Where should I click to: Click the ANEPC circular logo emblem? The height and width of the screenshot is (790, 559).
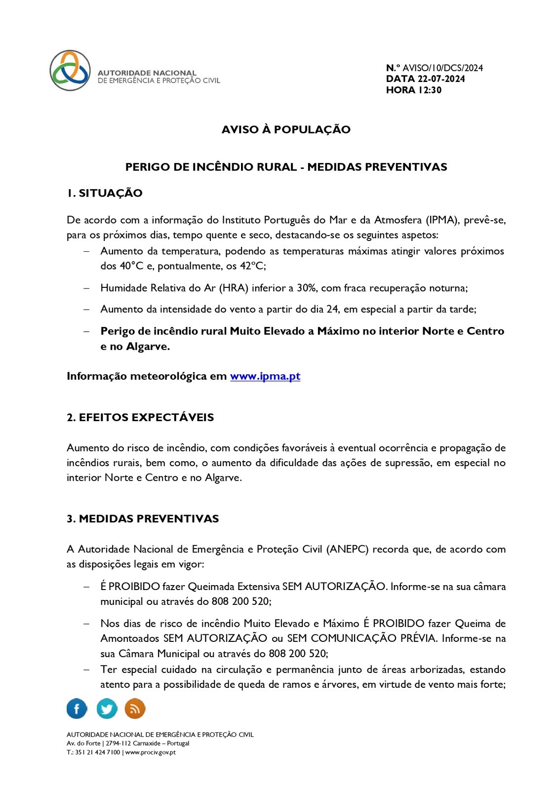tap(70, 71)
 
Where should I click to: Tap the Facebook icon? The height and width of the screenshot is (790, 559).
tap(77, 709)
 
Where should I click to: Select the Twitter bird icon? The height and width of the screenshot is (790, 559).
tap(107, 709)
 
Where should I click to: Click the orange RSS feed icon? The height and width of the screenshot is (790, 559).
tap(135, 709)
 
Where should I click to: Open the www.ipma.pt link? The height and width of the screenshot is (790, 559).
tap(265, 376)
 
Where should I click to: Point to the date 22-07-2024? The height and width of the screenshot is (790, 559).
tap(441, 79)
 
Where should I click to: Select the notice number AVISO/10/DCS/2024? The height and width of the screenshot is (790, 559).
tap(442, 68)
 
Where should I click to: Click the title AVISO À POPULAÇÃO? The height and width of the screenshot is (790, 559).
tap(286, 129)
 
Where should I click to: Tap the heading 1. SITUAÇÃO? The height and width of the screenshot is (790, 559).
tap(105, 193)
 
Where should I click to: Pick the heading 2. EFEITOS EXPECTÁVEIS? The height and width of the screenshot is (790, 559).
tap(140, 417)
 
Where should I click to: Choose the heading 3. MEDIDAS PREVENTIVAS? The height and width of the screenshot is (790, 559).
tap(143, 518)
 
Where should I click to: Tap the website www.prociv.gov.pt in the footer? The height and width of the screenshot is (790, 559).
tap(150, 752)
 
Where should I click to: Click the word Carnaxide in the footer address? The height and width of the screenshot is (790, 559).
tap(146, 744)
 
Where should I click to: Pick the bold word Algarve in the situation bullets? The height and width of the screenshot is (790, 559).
tap(148, 347)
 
